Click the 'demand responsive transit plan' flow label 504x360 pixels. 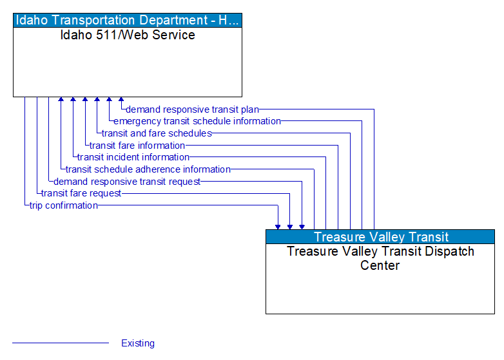coord(192,109)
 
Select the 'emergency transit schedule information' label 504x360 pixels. coord(197,121)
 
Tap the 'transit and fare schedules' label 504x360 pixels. coord(157,133)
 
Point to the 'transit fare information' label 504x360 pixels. coord(137,146)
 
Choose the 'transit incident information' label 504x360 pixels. coord(133,157)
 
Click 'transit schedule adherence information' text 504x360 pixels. coord(148,169)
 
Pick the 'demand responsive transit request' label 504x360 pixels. coord(127,182)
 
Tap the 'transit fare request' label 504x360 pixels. coord(81,193)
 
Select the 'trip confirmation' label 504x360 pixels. coord(64,205)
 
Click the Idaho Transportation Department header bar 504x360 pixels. coord(128,20)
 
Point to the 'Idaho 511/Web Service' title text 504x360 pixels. coord(128,35)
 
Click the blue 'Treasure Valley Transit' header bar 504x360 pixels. coord(380,237)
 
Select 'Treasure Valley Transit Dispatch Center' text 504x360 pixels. coord(380,258)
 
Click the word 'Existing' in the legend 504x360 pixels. coord(138,343)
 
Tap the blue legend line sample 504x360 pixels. coord(61,343)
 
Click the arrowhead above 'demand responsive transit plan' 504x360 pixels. coord(121,100)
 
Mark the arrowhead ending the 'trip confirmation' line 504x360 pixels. coord(278,227)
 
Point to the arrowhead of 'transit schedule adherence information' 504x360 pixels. coord(61,100)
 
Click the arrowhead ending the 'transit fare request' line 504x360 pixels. coord(290,227)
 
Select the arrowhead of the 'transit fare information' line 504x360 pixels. coord(85,100)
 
